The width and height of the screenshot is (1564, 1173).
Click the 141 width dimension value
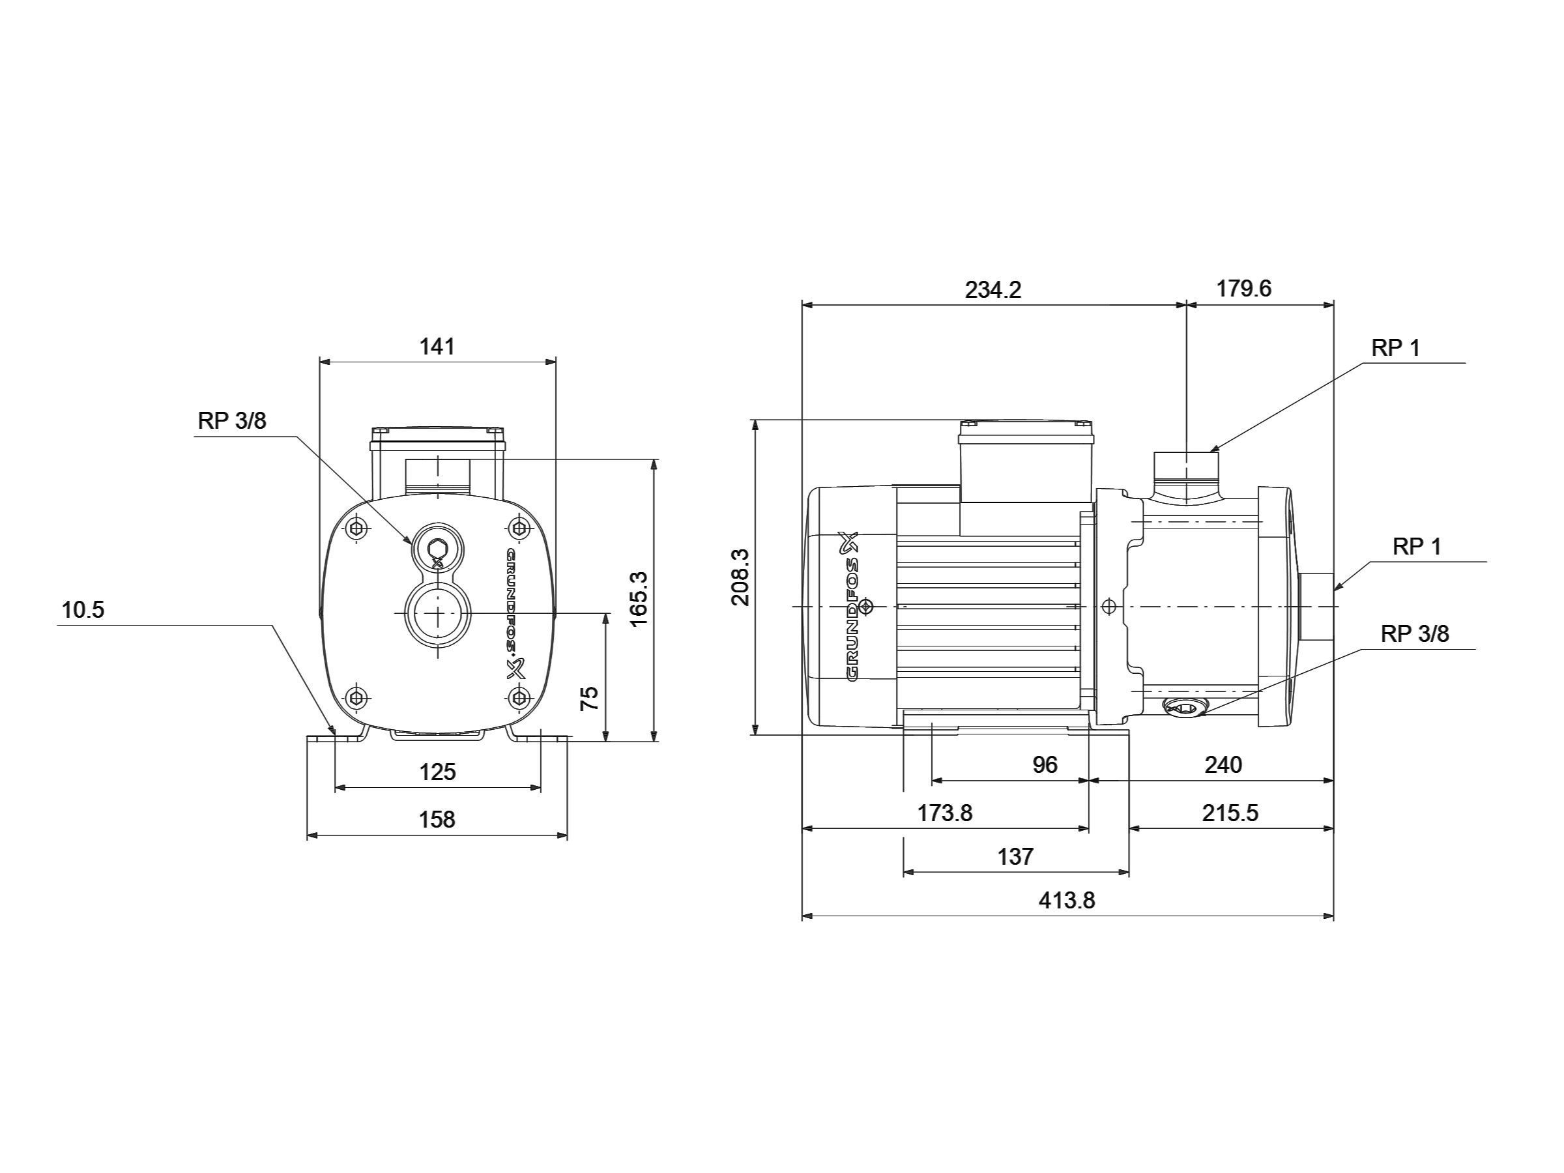[x=437, y=347]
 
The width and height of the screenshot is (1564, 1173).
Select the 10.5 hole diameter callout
[x=83, y=609]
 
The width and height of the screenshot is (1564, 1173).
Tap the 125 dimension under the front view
[x=437, y=772]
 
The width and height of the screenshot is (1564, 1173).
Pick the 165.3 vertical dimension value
[x=638, y=598]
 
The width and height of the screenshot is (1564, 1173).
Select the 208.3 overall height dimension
[x=740, y=577]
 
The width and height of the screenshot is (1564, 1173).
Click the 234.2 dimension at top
[x=993, y=290]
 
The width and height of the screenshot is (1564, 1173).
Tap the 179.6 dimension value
[x=1243, y=289]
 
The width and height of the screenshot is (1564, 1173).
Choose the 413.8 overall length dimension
[x=1067, y=900]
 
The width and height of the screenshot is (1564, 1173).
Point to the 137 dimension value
[x=1015, y=856]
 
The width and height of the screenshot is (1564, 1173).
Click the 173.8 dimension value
[x=945, y=813]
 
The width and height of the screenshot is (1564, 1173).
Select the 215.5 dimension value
[x=1230, y=813]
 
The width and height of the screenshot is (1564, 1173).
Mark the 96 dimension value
[x=1045, y=764]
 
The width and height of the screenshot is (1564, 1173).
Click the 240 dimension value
[x=1223, y=764]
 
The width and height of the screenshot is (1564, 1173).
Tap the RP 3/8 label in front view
[x=232, y=421]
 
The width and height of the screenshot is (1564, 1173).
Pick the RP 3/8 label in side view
[x=1415, y=634]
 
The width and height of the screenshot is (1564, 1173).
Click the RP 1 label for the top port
[x=1396, y=348]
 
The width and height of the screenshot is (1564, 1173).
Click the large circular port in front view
[x=438, y=613]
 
